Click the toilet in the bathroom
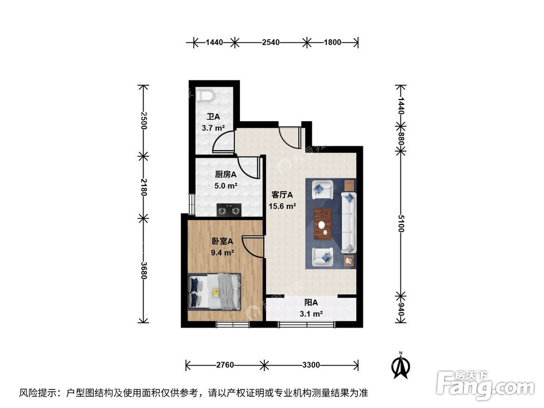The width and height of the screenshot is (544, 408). [x=206, y=96]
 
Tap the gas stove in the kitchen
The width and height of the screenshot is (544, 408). [x=228, y=208]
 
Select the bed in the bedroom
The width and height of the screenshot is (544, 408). [x=214, y=290]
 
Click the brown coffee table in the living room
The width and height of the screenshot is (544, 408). [x=323, y=224]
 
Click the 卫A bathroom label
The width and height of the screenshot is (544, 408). [x=213, y=117]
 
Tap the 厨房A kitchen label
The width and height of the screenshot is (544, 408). [x=225, y=175]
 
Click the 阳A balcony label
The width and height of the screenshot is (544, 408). [x=311, y=303]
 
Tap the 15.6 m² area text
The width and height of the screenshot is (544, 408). [x=282, y=206]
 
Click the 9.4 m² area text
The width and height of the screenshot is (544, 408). [x=222, y=252]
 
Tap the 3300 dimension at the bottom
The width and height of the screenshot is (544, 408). [x=311, y=364]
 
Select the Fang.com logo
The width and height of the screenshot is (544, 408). [x=485, y=384]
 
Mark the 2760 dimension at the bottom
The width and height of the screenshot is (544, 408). [x=224, y=364]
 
